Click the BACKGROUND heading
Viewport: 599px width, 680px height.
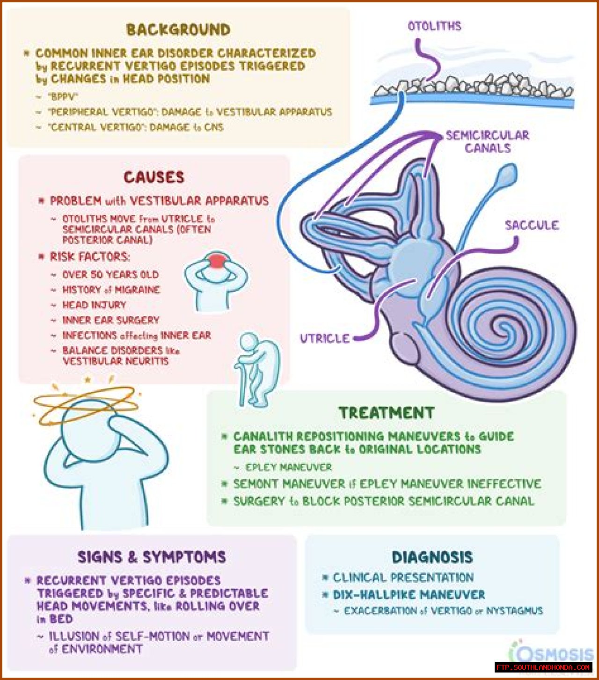(178, 29)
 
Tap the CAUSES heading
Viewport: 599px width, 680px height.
(154, 177)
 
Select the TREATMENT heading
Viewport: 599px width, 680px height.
(387, 413)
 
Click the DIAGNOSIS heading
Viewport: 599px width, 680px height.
(432, 557)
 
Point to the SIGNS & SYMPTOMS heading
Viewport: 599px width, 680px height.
(152, 557)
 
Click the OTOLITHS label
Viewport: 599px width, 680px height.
(434, 26)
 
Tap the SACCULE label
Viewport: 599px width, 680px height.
(532, 225)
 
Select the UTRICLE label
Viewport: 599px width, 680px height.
(325, 338)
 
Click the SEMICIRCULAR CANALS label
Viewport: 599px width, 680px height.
(487, 142)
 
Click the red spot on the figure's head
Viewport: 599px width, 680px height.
(217, 260)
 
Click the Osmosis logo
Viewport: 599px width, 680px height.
(555, 653)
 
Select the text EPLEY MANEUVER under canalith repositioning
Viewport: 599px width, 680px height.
(288, 467)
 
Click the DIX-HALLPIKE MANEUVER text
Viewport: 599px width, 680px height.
(409, 595)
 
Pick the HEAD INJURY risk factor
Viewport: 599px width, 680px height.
(94, 305)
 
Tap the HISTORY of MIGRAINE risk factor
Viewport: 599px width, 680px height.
(111, 290)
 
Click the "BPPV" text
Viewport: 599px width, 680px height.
(63, 97)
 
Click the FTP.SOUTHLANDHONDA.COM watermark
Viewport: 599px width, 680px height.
(543, 667)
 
